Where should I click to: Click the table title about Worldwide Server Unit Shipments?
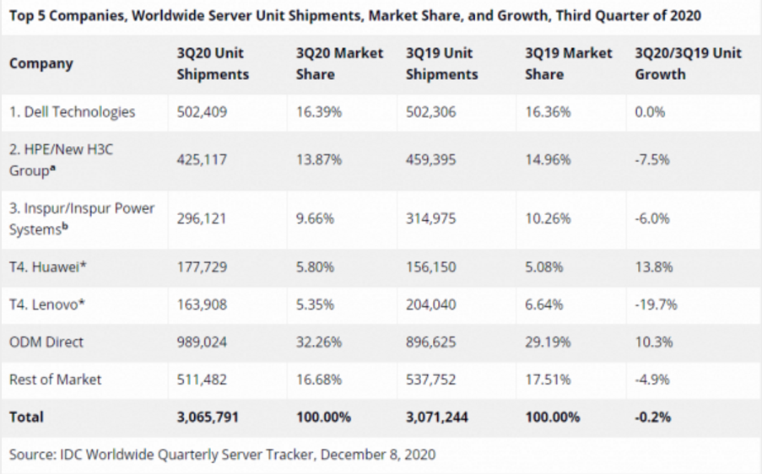pyautogui.click(x=354, y=15)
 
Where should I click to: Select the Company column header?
pyautogui.click(x=41, y=63)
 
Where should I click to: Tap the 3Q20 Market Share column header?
pyautogui.click(x=339, y=63)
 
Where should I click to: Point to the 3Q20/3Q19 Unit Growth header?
pyautogui.click(x=688, y=63)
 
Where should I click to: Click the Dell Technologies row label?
pyautogui.click(x=72, y=111)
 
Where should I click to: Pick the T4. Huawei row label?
pyautogui.click(x=48, y=267)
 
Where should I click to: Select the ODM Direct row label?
pyautogui.click(x=46, y=342)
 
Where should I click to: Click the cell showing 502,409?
pyautogui.click(x=202, y=111)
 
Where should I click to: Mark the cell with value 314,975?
pyautogui.click(x=430, y=218)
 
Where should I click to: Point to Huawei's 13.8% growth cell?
pyautogui.click(x=653, y=267)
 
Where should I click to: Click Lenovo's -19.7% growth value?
pyautogui.click(x=656, y=304)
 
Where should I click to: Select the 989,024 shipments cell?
pyautogui.click(x=202, y=342)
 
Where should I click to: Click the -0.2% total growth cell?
pyautogui.click(x=652, y=417)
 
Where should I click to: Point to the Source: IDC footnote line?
pyautogui.click(x=223, y=455)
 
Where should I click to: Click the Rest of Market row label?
pyautogui.click(x=55, y=380)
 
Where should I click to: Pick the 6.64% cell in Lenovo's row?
pyautogui.click(x=543, y=304)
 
